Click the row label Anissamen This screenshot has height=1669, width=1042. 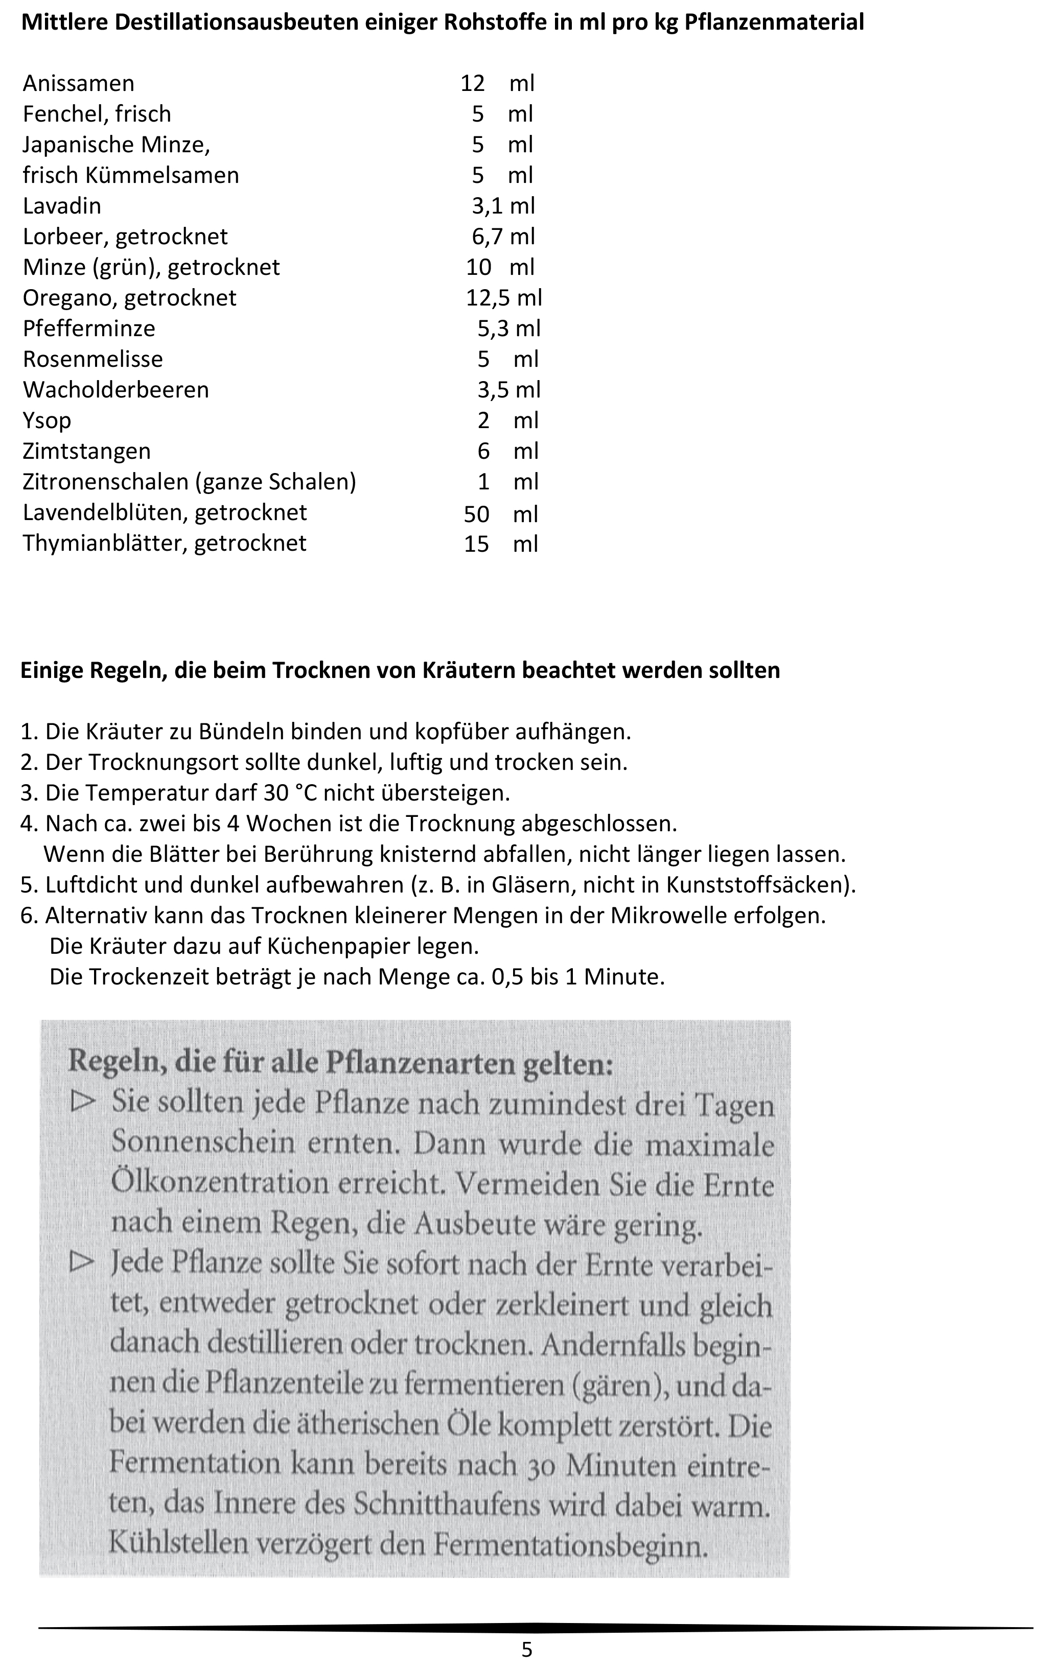coord(79,83)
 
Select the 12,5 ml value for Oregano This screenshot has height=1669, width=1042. coord(504,297)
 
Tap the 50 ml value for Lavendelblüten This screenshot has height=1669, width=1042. coord(500,514)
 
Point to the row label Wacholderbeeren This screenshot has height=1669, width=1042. coord(116,390)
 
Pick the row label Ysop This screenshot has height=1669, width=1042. coord(47,420)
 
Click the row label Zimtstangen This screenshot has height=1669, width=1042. coord(87,451)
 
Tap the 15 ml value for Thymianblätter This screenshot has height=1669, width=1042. coord(500,544)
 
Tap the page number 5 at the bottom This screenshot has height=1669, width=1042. coord(526,1650)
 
